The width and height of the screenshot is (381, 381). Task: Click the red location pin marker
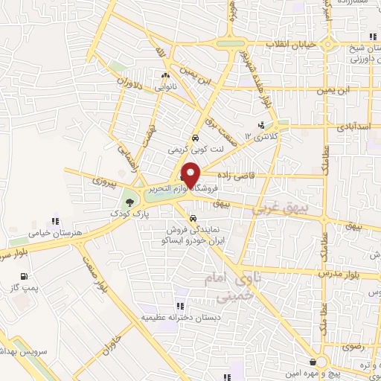click(191, 175)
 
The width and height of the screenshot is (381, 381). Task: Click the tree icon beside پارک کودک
click(130, 202)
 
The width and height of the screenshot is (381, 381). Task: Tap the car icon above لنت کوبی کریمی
click(194, 138)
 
